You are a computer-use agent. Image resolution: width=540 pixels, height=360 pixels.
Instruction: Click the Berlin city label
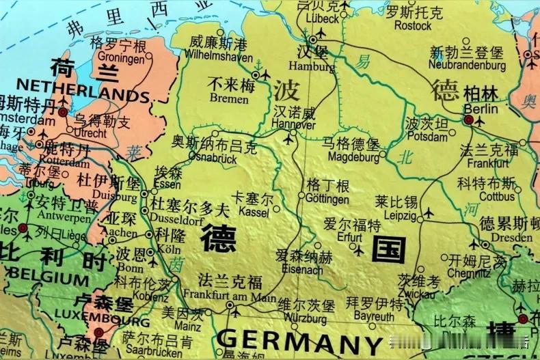(481, 109)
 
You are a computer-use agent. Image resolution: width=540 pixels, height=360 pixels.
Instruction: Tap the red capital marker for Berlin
(469, 120)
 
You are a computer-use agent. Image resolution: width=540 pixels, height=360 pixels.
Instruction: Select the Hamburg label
(312, 67)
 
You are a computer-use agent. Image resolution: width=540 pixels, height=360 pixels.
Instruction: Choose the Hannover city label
(293, 125)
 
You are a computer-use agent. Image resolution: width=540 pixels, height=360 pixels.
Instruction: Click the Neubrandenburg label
(467, 66)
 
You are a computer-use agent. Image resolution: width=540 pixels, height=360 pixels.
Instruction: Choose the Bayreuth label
(373, 317)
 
